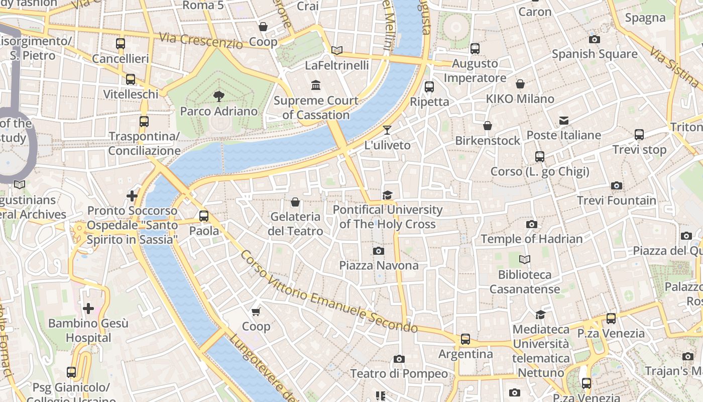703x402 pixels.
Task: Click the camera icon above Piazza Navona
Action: pos(379,251)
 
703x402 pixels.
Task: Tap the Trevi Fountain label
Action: pos(616,200)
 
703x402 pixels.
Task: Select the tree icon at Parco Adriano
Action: pos(218,96)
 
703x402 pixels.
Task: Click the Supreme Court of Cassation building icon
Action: pos(316,85)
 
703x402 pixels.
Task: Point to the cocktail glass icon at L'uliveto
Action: pos(387,130)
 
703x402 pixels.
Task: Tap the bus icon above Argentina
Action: pos(465,339)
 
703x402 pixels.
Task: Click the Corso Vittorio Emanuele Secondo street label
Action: pos(329,291)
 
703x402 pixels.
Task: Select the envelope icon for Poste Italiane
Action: pos(564,121)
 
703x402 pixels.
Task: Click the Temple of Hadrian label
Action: pos(532,239)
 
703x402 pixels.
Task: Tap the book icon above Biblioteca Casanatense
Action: pos(525,260)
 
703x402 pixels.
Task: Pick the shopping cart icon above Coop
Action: pos(256,312)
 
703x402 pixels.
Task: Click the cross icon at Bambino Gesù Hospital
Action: pos(88,308)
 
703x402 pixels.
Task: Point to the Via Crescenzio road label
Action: pos(201,40)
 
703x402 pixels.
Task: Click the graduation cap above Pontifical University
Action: pos(387,195)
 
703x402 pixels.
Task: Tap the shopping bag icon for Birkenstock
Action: pos(488,126)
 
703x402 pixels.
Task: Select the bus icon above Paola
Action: pos(204,216)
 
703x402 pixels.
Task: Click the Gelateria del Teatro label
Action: pos(296,224)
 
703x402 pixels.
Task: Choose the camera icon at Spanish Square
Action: pos(595,39)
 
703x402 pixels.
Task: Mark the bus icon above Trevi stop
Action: pos(639,135)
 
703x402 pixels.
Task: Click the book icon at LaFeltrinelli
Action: pos(337,50)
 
